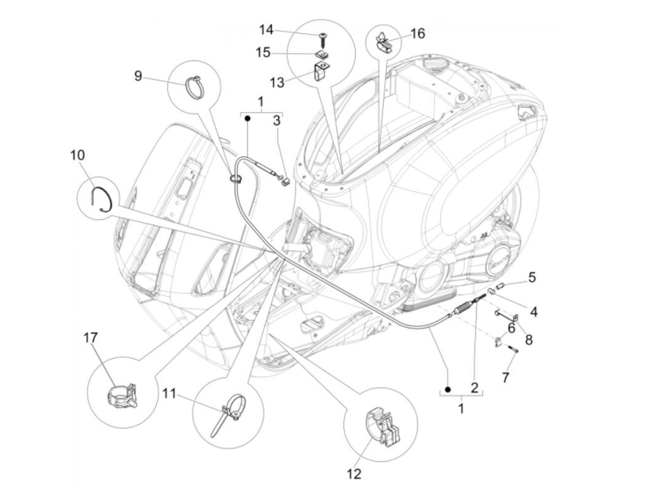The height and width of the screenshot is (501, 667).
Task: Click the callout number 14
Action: coord(266,30)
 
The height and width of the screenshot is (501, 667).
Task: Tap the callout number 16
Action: coord(417,34)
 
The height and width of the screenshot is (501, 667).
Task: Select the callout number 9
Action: coord(138,75)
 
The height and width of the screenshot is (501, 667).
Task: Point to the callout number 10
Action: coord(78,155)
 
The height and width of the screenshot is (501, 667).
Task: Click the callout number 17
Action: coord(91,338)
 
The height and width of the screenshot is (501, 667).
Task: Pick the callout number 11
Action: coord(169,394)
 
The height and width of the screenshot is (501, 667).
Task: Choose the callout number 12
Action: coord(354,474)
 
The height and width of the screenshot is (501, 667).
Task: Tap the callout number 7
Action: coord(506,377)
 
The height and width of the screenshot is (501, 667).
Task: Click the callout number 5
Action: coord(532,277)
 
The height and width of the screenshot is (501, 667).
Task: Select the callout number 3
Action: coord(277,120)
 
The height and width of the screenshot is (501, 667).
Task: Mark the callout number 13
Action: coord(277,83)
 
